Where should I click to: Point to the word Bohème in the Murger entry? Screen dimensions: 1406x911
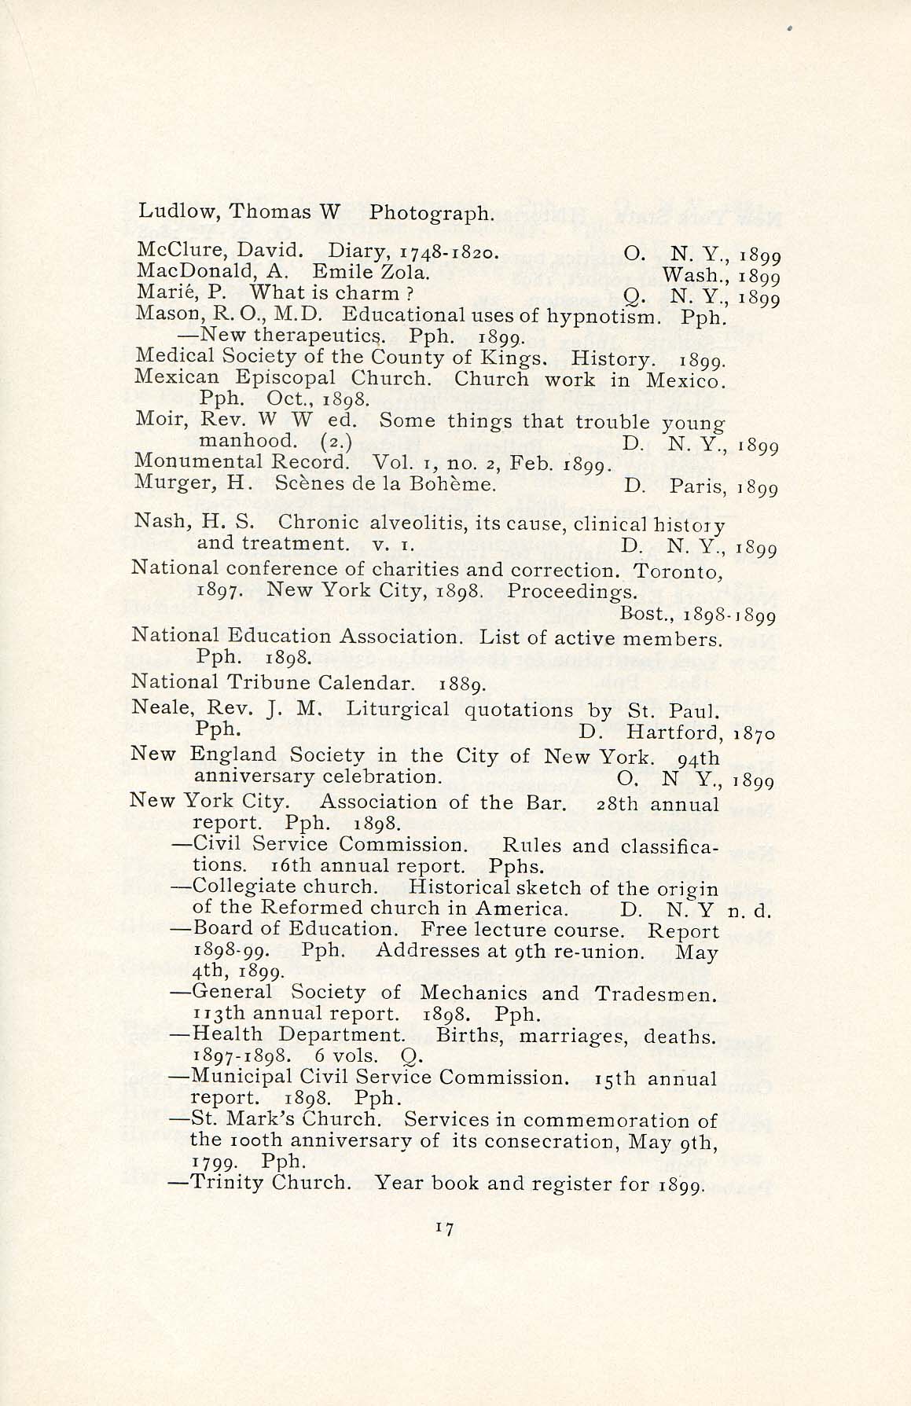458,483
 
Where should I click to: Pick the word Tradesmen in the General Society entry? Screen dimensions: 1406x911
656,993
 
